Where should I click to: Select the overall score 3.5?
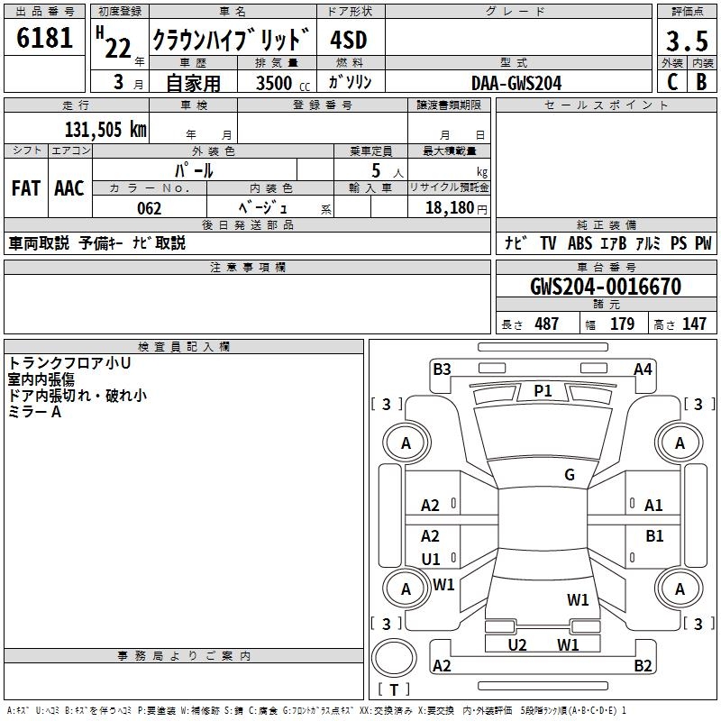pos(686,41)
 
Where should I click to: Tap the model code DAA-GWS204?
pos(516,83)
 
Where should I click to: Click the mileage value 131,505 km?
pos(105,130)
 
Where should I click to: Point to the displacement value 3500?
pos(273,83)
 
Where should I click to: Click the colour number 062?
pos(149,209)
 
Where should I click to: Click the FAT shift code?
pos(26,187)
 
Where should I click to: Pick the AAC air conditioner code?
pos(68,187)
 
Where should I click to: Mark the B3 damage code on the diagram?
pos(442,369)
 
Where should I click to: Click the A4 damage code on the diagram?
pos(643,369)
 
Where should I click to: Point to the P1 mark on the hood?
pos(543,390)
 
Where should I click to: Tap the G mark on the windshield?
pos(570,475)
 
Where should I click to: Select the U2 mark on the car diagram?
pos(516,644)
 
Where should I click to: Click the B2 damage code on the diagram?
pos(643,666)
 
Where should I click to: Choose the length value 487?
pos(546,324)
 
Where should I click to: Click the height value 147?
pos(694,324)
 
